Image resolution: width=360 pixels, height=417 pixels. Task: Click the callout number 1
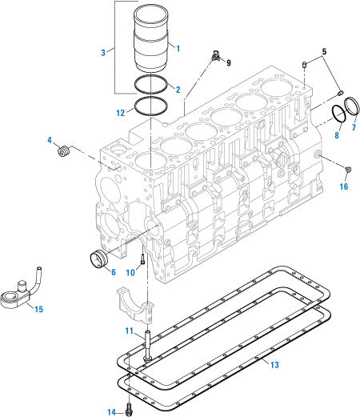[178, 48]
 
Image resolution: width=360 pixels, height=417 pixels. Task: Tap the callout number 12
[119, 113]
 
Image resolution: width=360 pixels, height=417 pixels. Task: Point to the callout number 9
[228, 62]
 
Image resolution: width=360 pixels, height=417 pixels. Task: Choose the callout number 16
[344, 187]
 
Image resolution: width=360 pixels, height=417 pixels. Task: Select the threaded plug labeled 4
[66, 150]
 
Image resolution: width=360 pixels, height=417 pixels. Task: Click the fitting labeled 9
[215, 56]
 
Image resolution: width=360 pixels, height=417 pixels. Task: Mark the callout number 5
[323, 53]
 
